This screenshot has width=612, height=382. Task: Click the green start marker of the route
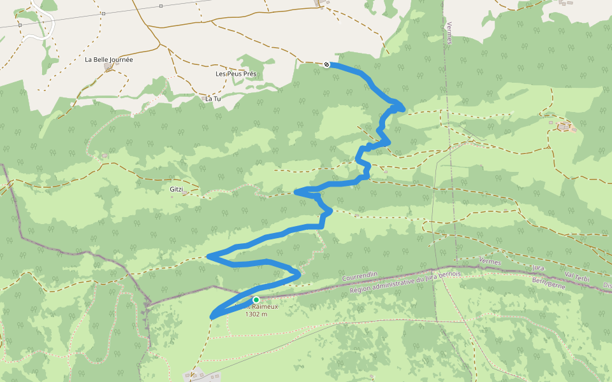256,300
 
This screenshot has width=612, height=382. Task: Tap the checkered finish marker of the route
326,64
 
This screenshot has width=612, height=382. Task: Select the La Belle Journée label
109,60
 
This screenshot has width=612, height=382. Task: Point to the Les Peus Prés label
236,74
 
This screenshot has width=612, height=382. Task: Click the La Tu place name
212,99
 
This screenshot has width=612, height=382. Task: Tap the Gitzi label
177,189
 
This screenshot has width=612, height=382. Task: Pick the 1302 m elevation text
256,314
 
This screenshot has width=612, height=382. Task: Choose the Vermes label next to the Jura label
490,262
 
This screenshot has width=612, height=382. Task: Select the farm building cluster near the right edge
564,127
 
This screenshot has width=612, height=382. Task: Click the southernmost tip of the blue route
212,316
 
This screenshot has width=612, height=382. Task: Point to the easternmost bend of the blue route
403,106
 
